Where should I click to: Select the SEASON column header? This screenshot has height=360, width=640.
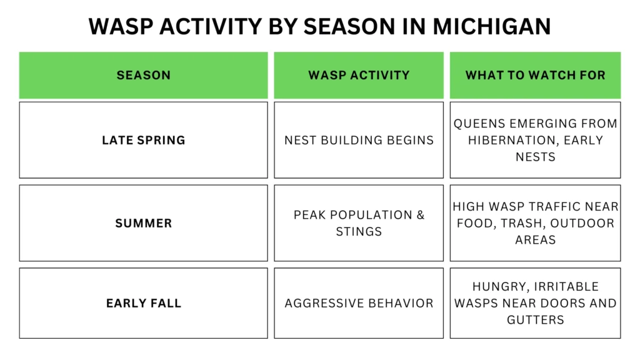[x=144, y=76]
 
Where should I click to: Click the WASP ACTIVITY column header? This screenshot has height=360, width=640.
[x=359, y=76]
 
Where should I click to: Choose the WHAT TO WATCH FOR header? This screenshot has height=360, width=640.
[x=536, y=76]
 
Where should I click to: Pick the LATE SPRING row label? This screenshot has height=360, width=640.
[x=144, y=140]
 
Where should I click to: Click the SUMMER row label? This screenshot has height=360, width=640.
[x=144, y=223]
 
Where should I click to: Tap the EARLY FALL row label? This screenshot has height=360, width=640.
[x=144, y=304]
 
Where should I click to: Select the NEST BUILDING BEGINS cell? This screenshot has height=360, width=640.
[x=359, y=140]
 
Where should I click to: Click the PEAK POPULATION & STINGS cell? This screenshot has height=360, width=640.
[x=359, y=223]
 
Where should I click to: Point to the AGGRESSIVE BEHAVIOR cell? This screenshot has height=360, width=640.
[x=359, y=304]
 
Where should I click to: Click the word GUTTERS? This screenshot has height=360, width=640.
[x=536, y=320]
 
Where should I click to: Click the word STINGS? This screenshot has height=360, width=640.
[x=359, y=231]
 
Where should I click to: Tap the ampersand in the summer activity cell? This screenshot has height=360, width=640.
[x=419, y=215]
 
